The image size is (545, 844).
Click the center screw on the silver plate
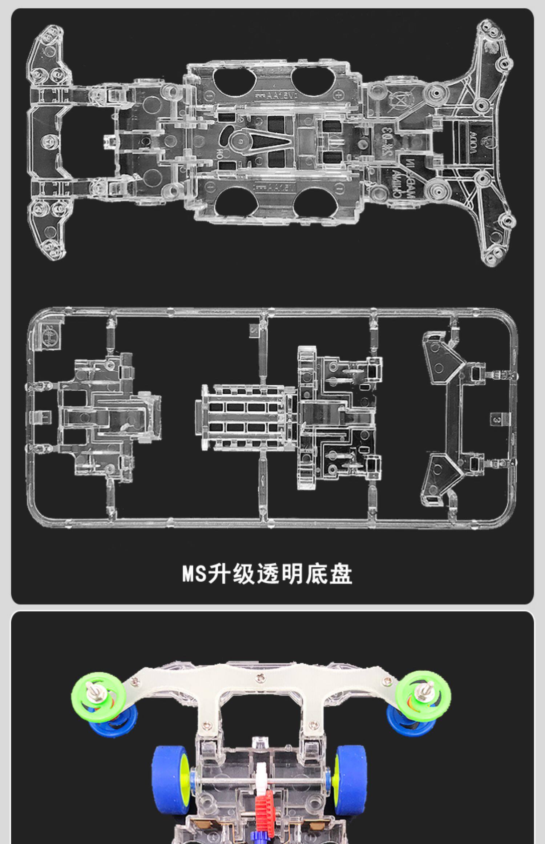point(259,676)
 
